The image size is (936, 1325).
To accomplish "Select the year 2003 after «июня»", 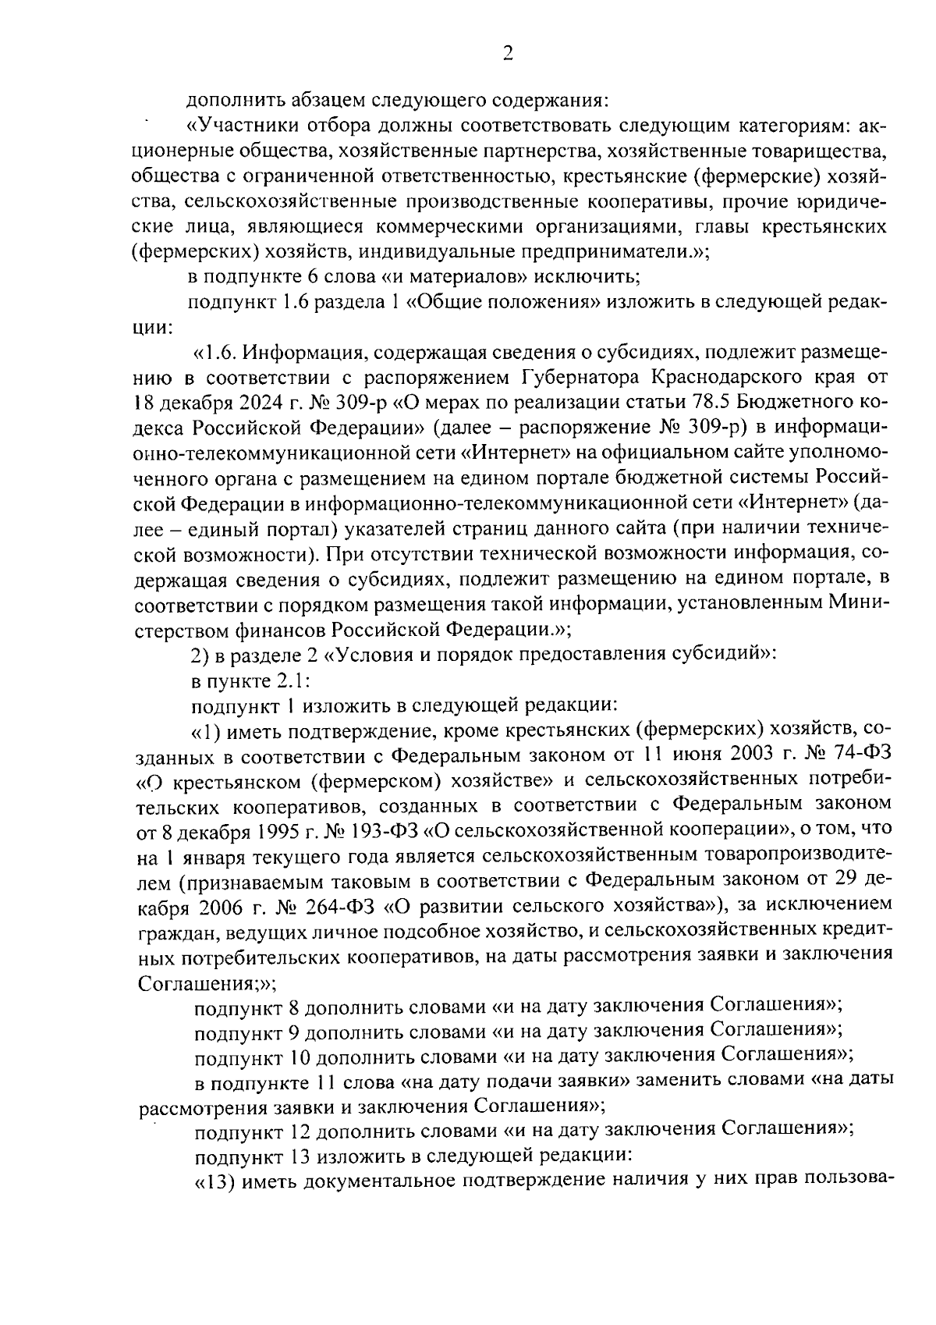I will (758, 756).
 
